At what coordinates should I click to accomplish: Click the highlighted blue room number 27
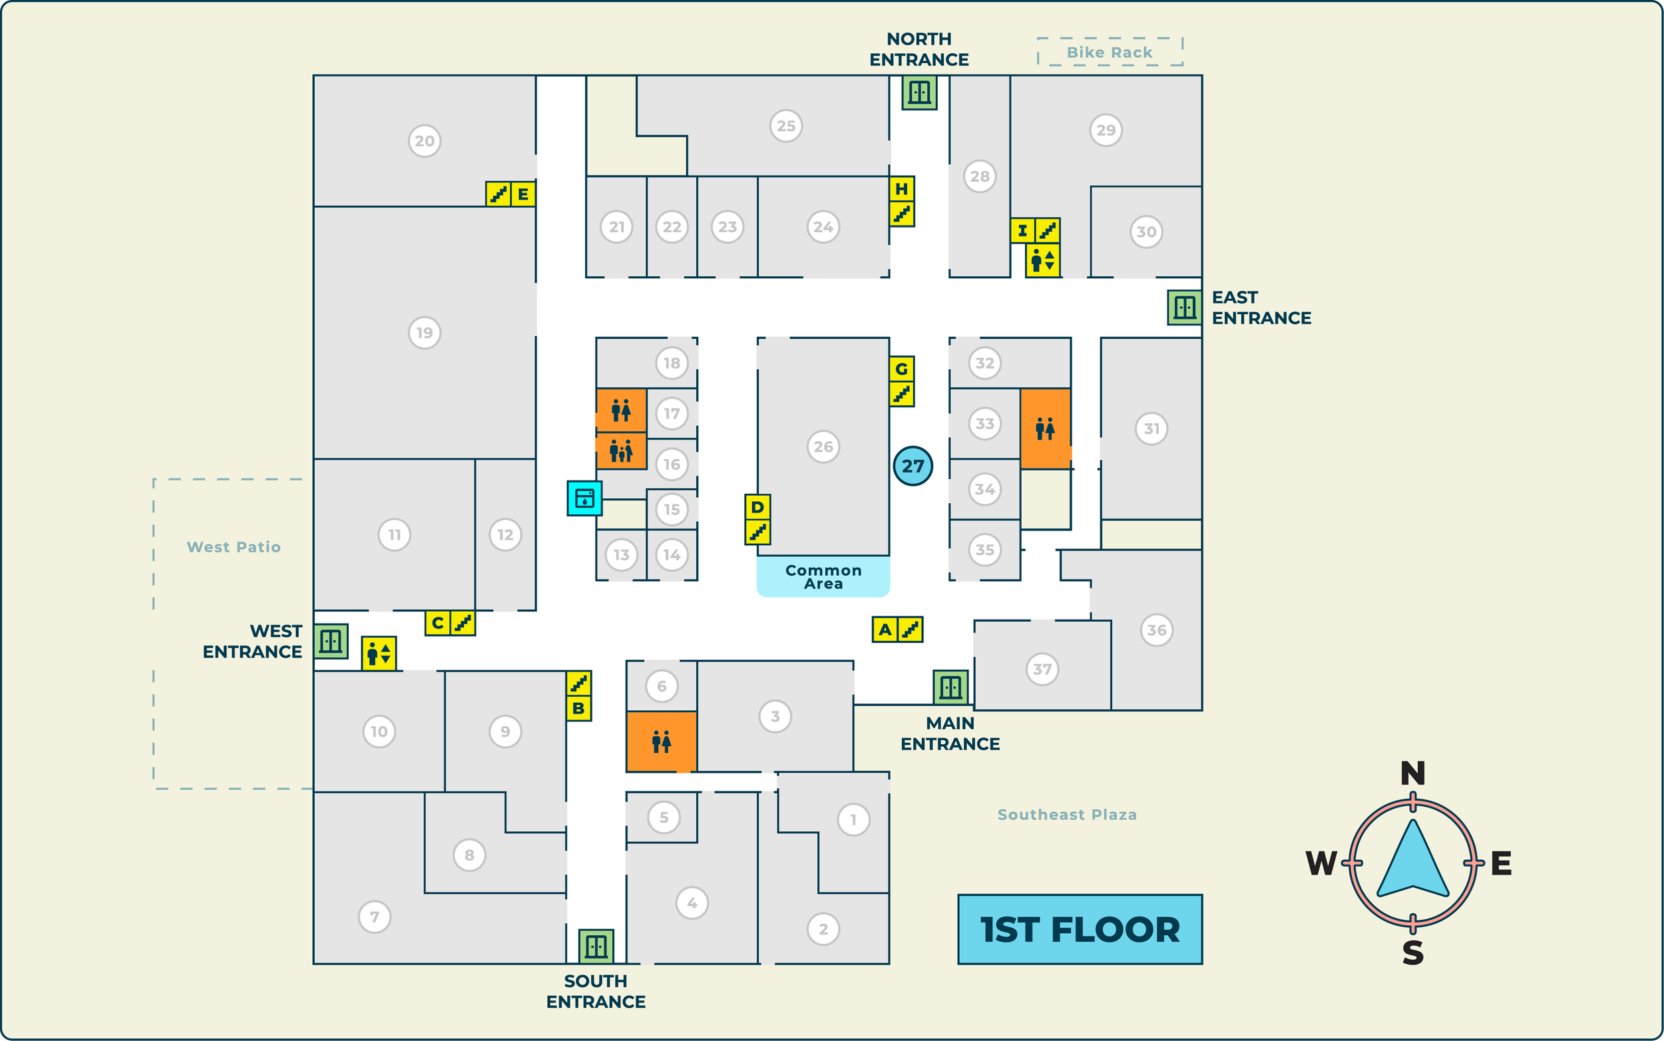913,466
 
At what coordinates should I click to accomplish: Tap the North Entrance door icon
919,93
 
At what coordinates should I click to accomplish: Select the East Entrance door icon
1184,307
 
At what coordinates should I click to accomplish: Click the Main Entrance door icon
950,687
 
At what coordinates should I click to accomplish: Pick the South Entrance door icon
596,946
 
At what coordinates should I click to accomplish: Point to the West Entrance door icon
330,641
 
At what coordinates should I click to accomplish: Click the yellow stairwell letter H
901,188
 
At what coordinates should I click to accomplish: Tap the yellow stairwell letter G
901,369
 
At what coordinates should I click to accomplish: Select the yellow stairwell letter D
757,507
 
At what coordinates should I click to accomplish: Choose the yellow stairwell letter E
523,194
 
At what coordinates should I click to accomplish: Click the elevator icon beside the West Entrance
379,654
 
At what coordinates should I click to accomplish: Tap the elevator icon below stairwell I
1042,261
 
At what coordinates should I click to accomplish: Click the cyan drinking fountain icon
584,498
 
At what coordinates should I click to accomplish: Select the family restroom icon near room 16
621,452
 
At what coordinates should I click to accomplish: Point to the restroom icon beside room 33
1045,429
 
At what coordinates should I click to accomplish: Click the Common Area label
823,577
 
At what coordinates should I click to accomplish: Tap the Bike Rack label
1109,53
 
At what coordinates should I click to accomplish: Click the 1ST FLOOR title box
1080,929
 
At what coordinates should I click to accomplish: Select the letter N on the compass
1412,774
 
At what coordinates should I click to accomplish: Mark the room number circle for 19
424,333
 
